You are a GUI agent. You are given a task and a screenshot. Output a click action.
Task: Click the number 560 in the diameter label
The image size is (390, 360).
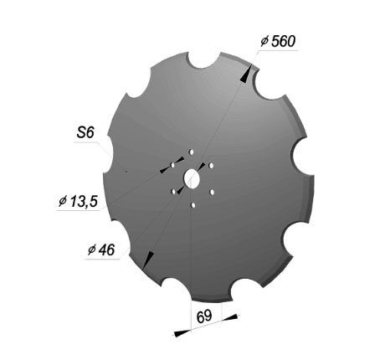(283, 42)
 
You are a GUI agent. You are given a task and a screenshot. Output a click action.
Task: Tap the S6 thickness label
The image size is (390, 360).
(85, 132)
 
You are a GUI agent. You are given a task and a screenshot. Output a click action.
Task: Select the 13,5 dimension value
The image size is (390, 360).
(84, 201)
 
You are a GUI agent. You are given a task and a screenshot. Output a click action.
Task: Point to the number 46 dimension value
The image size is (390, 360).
(106, 249)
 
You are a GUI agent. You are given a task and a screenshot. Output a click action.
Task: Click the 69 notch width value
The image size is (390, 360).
(204, 316)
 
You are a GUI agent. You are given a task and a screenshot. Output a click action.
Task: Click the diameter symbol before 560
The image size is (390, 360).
(264, 42)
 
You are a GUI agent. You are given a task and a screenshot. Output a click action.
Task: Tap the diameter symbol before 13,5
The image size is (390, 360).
(63, 201)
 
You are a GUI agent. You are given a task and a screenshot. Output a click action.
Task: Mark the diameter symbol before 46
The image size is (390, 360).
(92, 249)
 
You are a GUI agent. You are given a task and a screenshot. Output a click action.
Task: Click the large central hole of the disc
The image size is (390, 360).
(192, 178)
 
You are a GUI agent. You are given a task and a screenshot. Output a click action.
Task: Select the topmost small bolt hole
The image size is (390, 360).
(192, 152)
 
